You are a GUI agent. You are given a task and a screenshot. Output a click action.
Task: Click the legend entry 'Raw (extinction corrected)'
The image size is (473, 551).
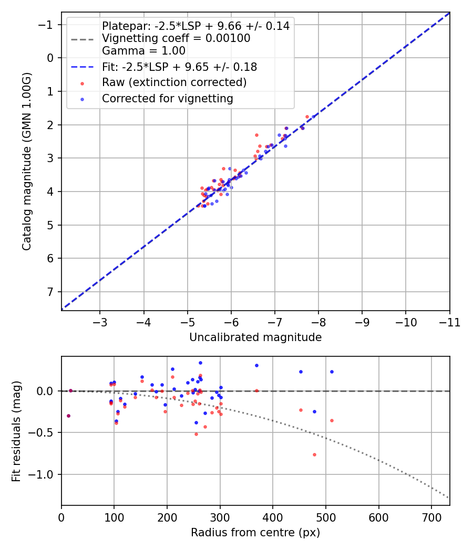(x=174, y=82)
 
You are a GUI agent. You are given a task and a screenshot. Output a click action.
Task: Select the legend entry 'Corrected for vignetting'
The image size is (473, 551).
(x=167, y=98)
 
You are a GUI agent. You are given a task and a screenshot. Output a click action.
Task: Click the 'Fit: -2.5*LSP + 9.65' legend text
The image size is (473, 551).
(x=179, y=67)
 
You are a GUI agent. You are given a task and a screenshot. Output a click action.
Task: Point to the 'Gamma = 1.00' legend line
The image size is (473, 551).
(x=143, y=51)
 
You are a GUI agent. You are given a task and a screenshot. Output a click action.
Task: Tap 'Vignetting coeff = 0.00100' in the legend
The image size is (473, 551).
(x=176, y=38)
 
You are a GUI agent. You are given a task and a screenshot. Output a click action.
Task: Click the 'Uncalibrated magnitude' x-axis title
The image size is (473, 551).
(x=255, y=337)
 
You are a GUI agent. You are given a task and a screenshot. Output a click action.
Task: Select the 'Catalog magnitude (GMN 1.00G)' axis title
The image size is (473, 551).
(x=27, y=161)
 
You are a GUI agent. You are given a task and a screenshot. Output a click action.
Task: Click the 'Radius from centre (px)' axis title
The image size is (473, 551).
(x=255, y=533)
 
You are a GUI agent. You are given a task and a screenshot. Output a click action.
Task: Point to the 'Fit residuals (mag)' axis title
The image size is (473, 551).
(x=16, y=431)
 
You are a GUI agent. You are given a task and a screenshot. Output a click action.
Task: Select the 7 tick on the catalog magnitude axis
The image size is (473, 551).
(x=50, y=292)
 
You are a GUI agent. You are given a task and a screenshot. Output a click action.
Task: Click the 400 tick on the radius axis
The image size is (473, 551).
(x=273, y=517)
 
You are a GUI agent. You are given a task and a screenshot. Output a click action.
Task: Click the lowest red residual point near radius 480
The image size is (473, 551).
(x=314, y=454)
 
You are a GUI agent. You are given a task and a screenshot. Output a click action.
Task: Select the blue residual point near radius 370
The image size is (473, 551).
(x=256, y=365)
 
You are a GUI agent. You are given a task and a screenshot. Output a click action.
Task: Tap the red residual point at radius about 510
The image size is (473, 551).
(x=332, y=420)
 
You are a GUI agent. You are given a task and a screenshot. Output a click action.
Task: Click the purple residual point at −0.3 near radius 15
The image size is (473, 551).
(x=68, y=416)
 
